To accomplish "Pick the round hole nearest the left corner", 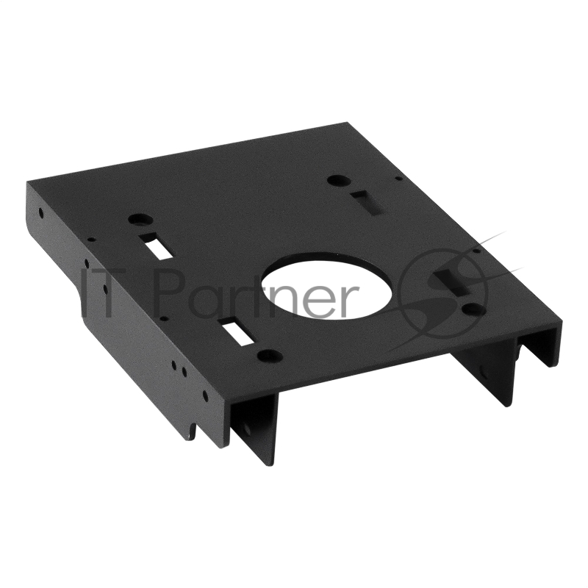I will coord(140,219).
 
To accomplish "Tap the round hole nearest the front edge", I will coord(269,356).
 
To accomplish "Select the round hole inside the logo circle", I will coord(473,309).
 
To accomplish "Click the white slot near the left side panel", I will coord(158,245).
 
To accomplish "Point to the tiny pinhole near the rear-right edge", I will coord(398,178).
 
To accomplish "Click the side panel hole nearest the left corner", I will coord(41,213).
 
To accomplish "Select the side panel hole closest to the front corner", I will coord(205,395).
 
